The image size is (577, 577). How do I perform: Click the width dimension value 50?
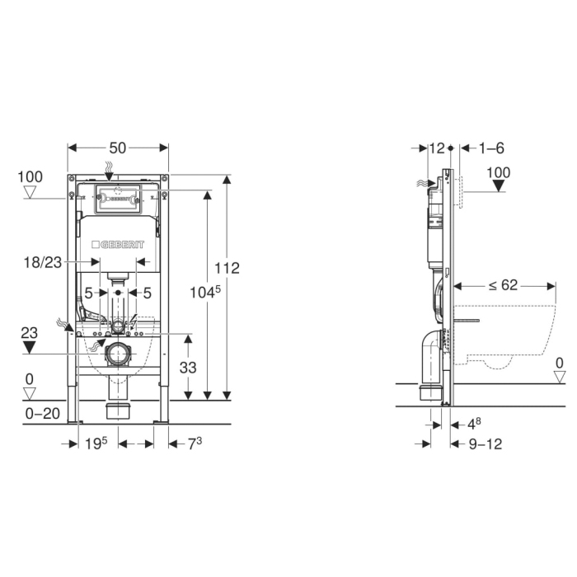pyautogui.click(x=117, y=148)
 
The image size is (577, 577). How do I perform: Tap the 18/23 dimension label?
pyautogui.click(x=42, y=262)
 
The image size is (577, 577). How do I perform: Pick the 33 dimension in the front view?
pyautogui.click(x=189, y=368)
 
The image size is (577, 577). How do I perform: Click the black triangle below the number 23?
pyautogui.click(x=30, y=347)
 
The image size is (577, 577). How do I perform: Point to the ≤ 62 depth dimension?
pyautogui.click(x=502, y=286)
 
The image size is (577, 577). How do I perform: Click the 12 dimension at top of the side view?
pyautogui.click(x=437, y=148)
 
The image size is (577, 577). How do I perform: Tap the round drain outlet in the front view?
pyautogui.click(x=118, y=354)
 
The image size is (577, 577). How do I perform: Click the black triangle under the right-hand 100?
pyautogui.click(x=499, y=186)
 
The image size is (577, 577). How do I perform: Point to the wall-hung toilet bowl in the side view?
pyautogui.click(x=507, y=334)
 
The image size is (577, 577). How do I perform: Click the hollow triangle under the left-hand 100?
pyautogui.click(x=31, y=193)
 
